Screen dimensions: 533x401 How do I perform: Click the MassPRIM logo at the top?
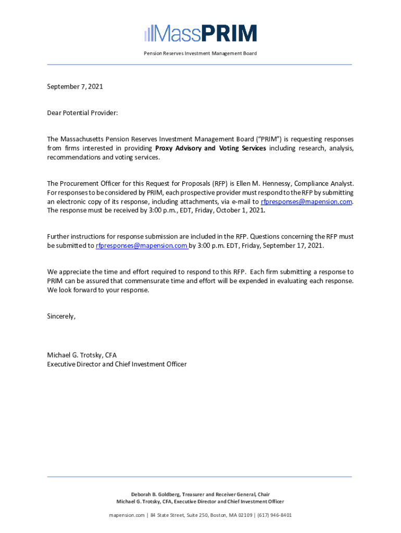(x=200, y=33)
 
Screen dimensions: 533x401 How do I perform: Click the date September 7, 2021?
(x=75, y=86)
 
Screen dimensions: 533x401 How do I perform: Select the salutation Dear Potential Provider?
(x=83, y=113)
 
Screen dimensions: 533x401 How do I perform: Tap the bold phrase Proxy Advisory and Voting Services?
(x=210, y=148)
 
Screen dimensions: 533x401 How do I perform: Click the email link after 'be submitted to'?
(x=142, y=246)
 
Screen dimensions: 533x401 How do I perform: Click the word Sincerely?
(x=61, y=316)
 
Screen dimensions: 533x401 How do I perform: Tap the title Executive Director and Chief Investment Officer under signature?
(x=117, y=364)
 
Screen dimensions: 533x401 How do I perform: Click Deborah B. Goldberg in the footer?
(x=153, y=494)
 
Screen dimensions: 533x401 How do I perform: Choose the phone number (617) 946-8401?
(x=273, y=515)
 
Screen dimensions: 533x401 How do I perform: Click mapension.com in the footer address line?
(x=127, y=515)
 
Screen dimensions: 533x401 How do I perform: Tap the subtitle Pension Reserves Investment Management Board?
(x=200, y=53)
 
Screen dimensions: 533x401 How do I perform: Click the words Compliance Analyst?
(x=325, y=183)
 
